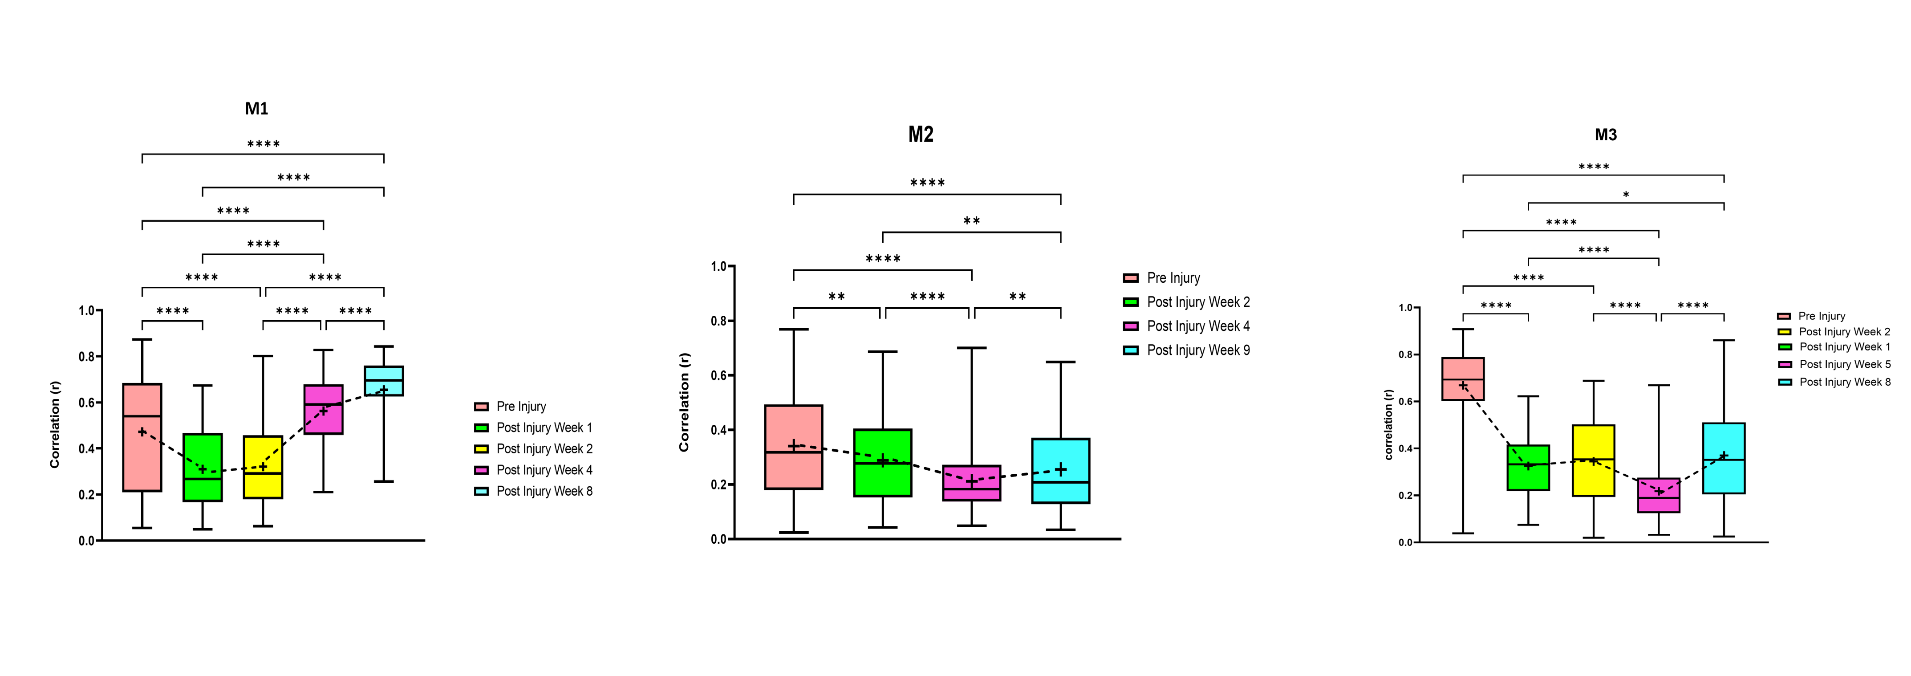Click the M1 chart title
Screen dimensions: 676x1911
point(257,109)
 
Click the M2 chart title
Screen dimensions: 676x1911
point(921,134)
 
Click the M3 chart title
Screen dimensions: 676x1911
point(1605,135)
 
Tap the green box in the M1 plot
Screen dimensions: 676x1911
point(203,468)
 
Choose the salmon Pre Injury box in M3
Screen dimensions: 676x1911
point(1463,379)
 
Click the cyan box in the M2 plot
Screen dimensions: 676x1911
point(1060,470)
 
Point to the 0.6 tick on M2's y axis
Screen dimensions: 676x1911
point(718,375)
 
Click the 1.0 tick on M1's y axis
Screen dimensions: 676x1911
point(87,311)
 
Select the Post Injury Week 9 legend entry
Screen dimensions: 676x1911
point(1197,350)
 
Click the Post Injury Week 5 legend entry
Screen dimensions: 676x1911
point(1844,364)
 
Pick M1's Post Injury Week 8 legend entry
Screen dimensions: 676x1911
point(544,491)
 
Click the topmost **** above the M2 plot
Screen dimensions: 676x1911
point(927,183)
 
